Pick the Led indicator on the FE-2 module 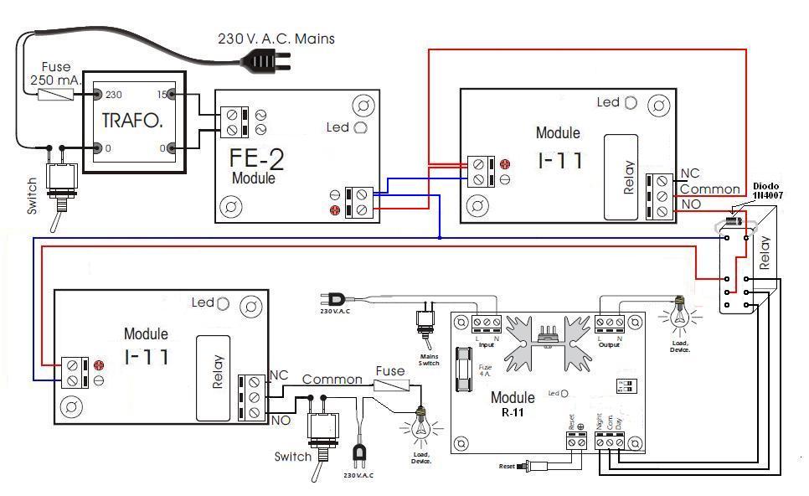pos(360,127)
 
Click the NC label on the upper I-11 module pos(690,173)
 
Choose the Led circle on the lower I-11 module pos(224,302)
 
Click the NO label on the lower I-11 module pos(281,420)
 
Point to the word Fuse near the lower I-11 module pos(390,371)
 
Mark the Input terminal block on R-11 pos(487,322)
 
